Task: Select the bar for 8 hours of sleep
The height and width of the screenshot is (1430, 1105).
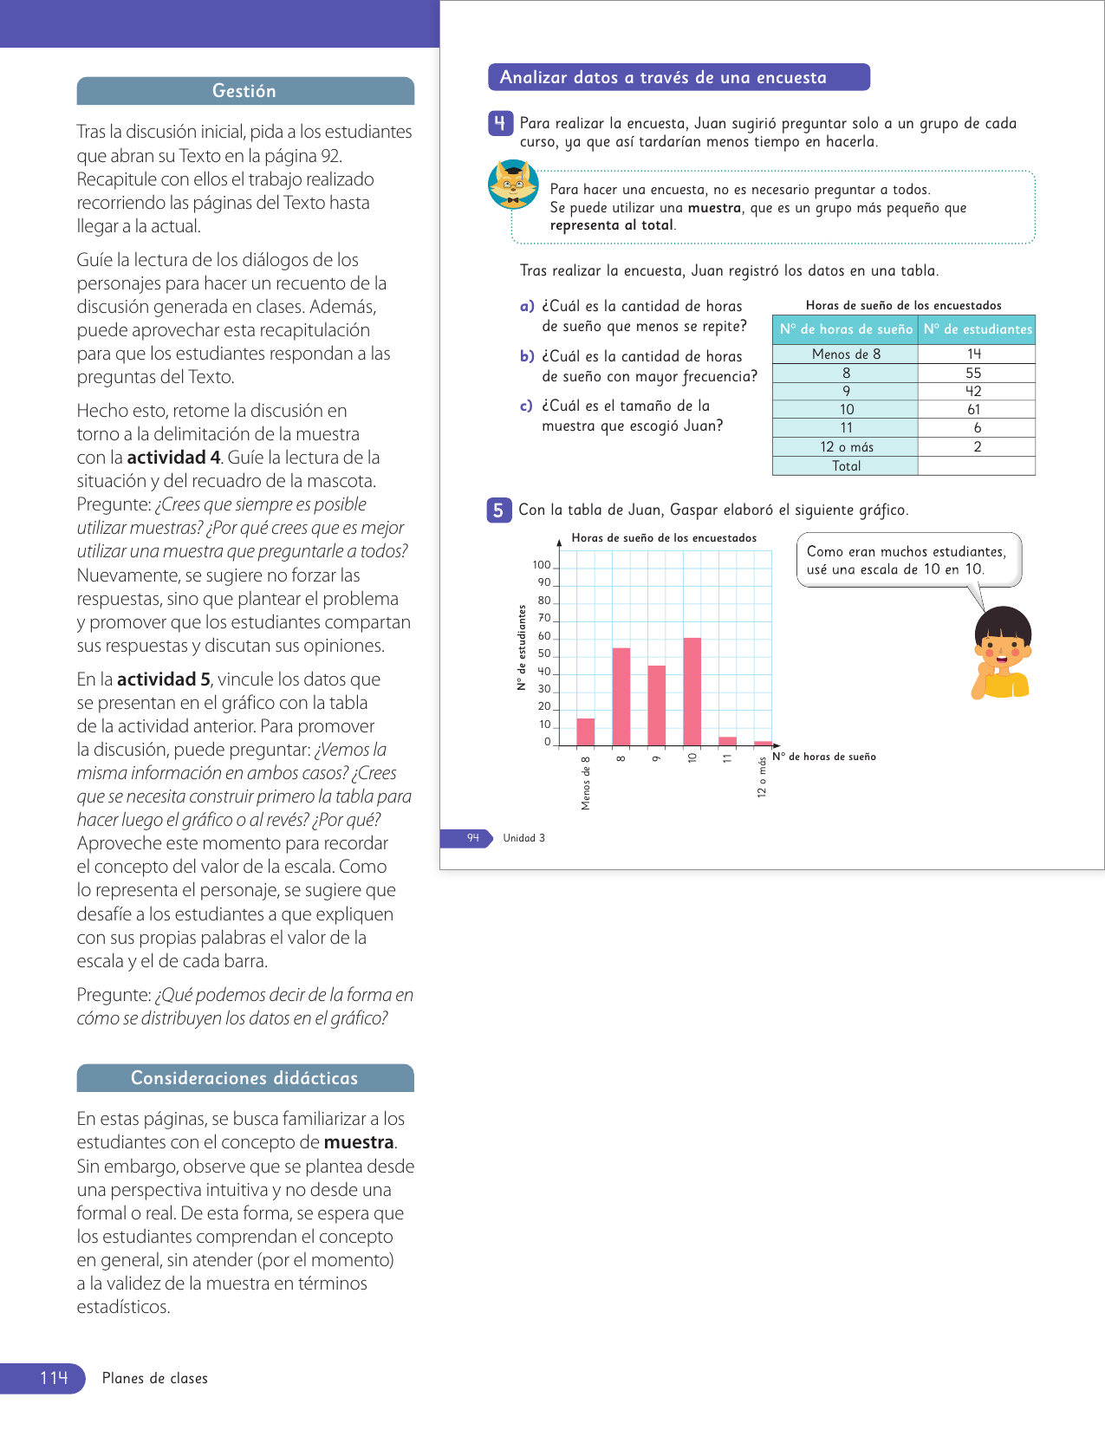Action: (621, 697)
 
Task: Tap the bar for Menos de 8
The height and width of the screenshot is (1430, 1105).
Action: (586, 732)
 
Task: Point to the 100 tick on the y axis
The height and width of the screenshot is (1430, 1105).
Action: (542, 565)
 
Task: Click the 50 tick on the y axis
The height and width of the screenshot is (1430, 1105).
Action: (544, 654)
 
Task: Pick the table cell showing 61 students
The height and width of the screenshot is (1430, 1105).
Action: (975, 410)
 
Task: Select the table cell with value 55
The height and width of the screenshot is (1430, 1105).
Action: (974, 373)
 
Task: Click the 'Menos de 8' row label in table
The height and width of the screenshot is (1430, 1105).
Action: (846, 354)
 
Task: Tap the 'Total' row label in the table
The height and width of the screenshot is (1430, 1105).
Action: (846, 466)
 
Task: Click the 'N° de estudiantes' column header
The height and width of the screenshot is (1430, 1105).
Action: (978, 329)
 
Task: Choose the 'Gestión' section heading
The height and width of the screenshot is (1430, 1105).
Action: (244, 91)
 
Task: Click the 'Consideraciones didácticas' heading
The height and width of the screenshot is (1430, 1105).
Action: (244, 1078)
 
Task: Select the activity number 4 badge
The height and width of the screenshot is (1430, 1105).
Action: (499, 123)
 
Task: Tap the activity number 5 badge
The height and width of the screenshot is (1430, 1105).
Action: (498, 510)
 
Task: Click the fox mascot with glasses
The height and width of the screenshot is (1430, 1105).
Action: (513, 185)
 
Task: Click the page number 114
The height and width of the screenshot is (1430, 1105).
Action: (54, 1378)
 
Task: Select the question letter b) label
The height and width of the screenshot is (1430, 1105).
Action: (527, 356)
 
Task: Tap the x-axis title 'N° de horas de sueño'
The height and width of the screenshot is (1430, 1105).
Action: (824, 757)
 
